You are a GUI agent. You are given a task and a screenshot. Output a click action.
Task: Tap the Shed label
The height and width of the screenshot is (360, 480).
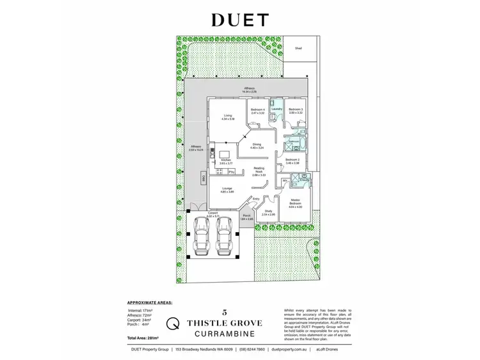click(x=298, y=47)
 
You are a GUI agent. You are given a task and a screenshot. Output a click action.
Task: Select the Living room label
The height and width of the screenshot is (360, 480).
click(x=227, y=116)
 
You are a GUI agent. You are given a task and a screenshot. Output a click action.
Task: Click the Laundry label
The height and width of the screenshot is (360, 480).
click(x=276, y=109)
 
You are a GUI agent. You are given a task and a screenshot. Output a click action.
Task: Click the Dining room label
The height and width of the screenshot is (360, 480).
click(x=257, y=145)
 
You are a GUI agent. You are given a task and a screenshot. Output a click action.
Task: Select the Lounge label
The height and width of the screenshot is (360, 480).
click(x=227, y=189)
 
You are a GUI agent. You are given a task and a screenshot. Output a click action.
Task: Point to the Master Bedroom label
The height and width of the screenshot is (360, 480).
click(x=294, y=204)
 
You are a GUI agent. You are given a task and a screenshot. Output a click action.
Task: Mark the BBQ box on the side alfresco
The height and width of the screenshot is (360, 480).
click(x=203, y=179)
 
